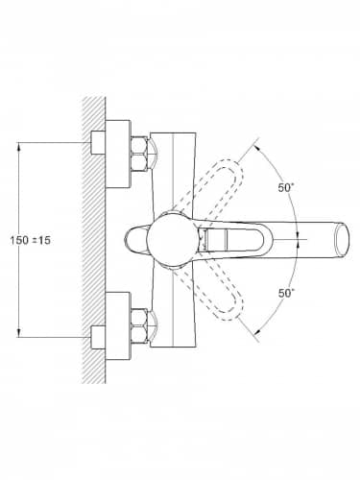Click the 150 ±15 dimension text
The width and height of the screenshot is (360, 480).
(x=31, y=240)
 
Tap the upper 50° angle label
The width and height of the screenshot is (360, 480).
(x=286, y=187)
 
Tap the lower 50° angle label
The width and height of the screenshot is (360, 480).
(x=286, y=293)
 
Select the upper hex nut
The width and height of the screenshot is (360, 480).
(x=139, y=155)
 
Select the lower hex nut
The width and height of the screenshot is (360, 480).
(x=139, y=326)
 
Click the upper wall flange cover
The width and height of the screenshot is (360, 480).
(x=118, y=154)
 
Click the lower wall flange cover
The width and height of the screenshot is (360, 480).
(x=118, y=325)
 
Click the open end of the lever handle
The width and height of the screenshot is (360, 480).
(x=342, y=239)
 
